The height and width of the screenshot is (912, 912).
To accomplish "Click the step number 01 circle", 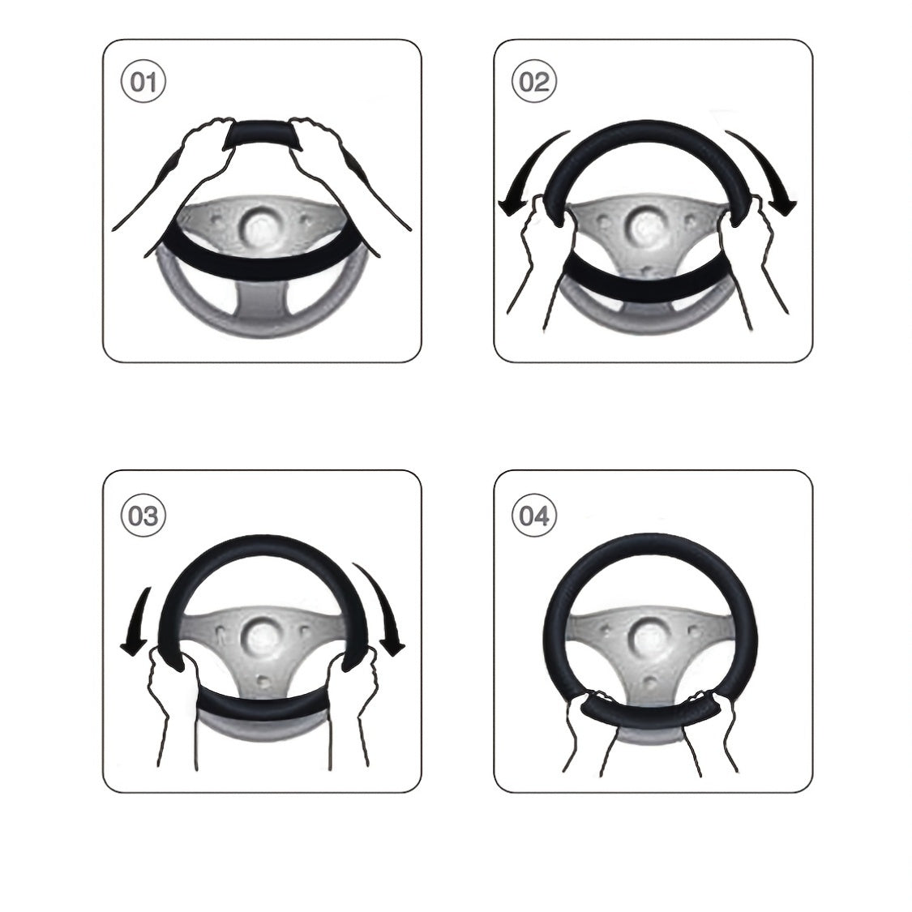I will [143, 82].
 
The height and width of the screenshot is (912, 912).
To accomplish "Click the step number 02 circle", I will [534, 82].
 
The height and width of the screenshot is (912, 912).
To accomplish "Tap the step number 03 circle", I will [143, 516].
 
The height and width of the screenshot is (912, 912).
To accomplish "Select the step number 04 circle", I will [534, 516].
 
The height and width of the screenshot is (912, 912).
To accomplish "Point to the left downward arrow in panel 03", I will [138, 624].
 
